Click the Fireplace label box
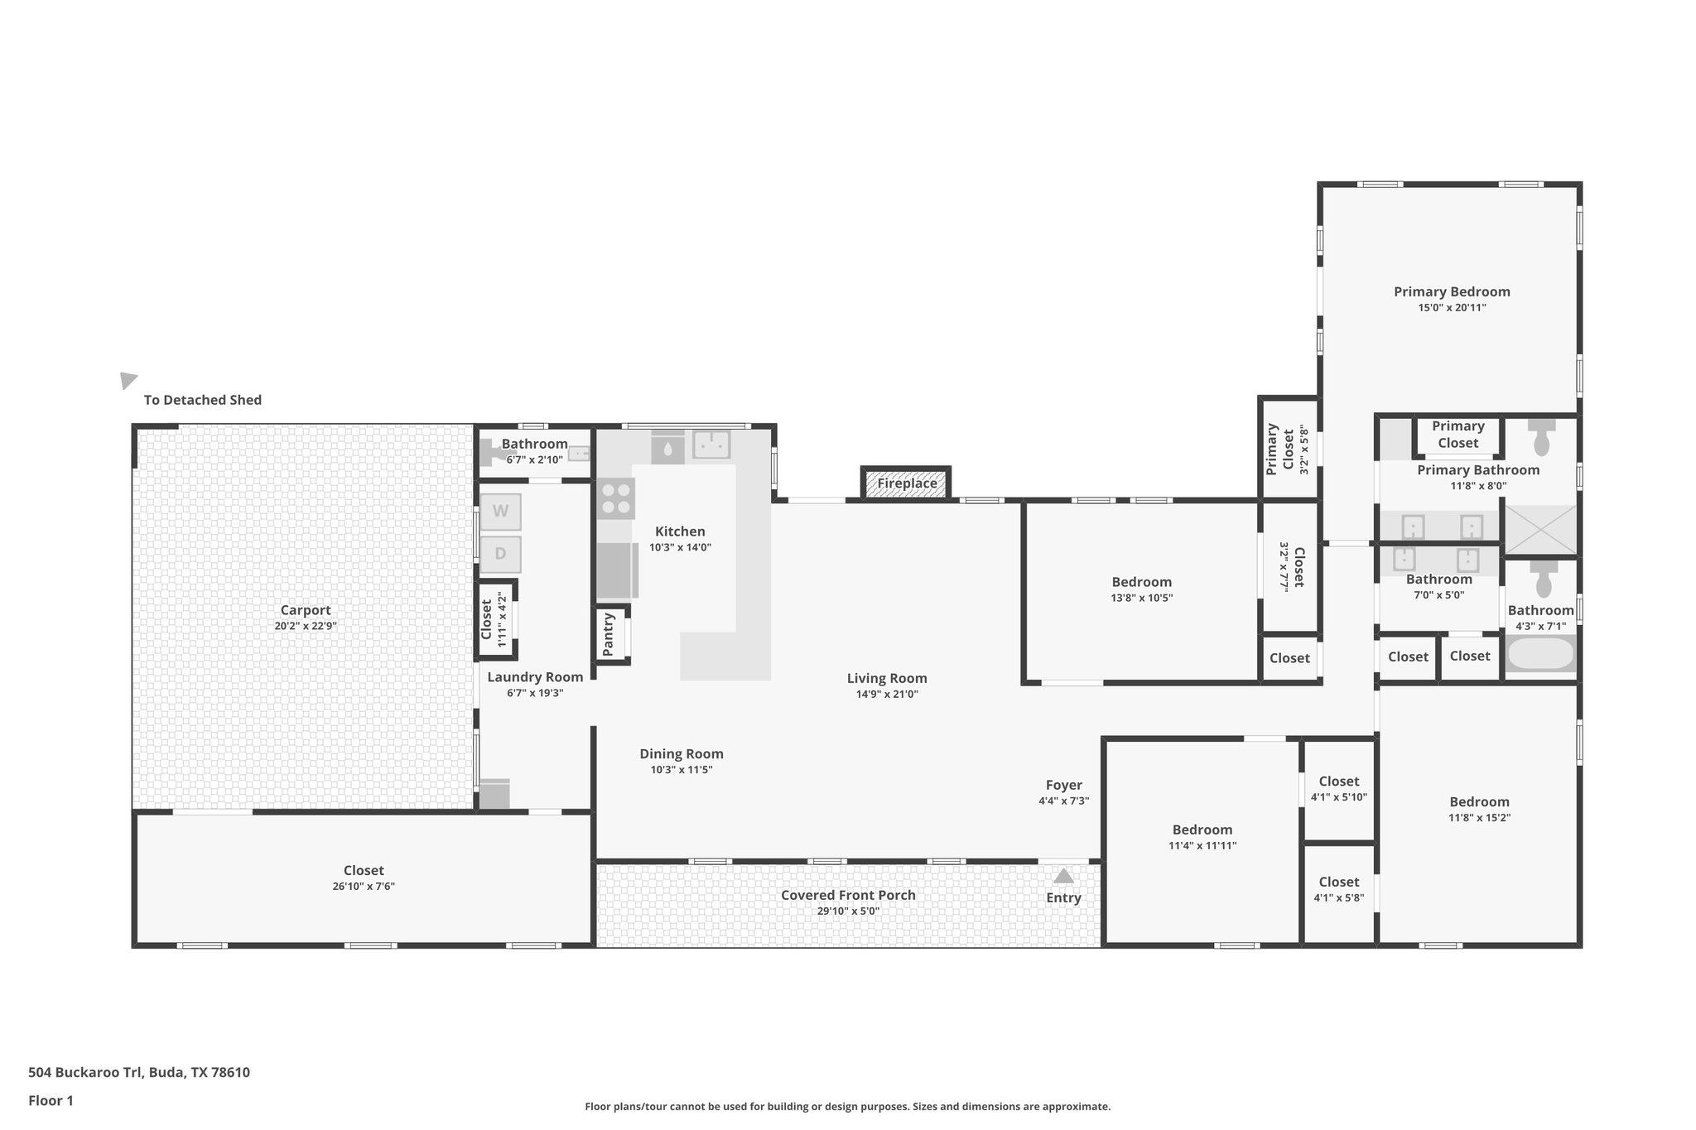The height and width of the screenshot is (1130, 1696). (907, 483)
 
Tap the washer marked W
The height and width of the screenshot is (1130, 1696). (500, 512)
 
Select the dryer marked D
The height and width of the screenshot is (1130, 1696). (500, 554)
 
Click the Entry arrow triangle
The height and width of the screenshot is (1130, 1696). (1063, 876)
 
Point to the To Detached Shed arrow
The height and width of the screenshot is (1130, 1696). (128, 380)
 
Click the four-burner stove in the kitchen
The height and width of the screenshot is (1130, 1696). (615, 498)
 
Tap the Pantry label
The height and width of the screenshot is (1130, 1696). (609, 634)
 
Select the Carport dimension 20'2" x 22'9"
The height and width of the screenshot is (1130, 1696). (306, 627)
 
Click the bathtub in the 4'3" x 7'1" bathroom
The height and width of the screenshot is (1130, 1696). (1540, 654)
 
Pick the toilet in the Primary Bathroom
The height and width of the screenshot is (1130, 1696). (1541, 439)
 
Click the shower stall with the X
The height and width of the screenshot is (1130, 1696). (1540, 530)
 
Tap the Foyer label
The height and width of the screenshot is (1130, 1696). (1063, 785)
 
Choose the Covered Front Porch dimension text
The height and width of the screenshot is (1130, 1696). (848, 911)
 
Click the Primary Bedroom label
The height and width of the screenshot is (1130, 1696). (1452, 291)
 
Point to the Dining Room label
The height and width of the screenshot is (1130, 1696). (681, 753)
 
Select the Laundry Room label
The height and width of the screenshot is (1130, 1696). (535, 677)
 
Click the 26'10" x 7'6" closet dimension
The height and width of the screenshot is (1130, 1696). (364, 887)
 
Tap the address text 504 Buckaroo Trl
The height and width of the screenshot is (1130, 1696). (138, 1072)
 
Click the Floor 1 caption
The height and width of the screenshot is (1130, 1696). (51, 1100)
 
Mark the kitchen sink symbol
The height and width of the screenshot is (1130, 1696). (711, 445)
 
